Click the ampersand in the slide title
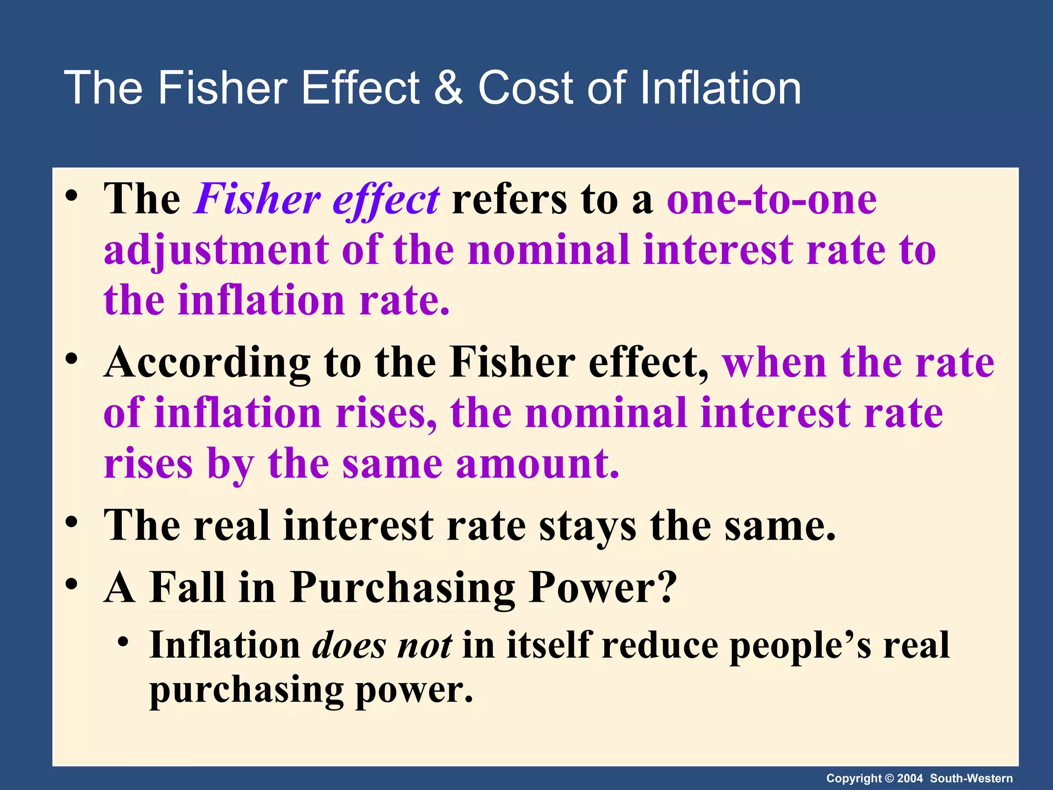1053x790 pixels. [x=448, y=87]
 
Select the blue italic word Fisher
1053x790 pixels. [x=258, y=200]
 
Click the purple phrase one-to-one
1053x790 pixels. [x=772, y=200]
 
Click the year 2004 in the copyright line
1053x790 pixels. [x=910, y=778]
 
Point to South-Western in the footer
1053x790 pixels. [x=971, y=778]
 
